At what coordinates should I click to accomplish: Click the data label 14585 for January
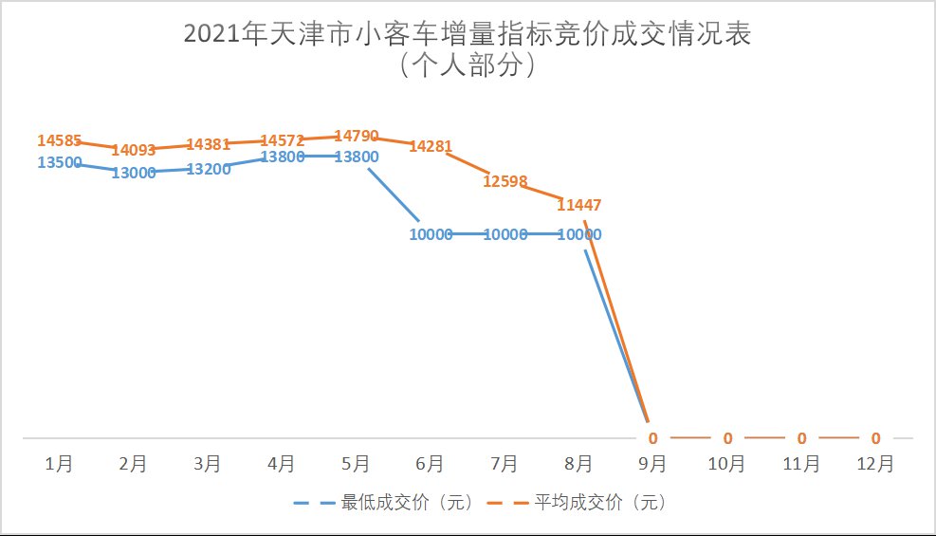click(59, 140)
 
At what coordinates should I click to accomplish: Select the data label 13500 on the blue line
click(59, 162)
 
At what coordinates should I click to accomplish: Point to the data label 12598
click(505, 181)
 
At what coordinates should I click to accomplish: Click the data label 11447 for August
click(578, 204)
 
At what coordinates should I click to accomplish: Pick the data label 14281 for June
click(431, 146)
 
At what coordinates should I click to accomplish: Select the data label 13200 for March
click(208, 170)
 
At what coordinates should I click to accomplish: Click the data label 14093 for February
click(133, 150)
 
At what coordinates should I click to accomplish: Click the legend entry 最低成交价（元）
click(407, 503)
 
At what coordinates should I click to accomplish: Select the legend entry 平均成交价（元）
click(599, 503)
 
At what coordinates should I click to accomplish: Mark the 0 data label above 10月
click(727, 438)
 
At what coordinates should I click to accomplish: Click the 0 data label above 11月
click(801, 438)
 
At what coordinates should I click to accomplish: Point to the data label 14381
click(208, 144)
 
